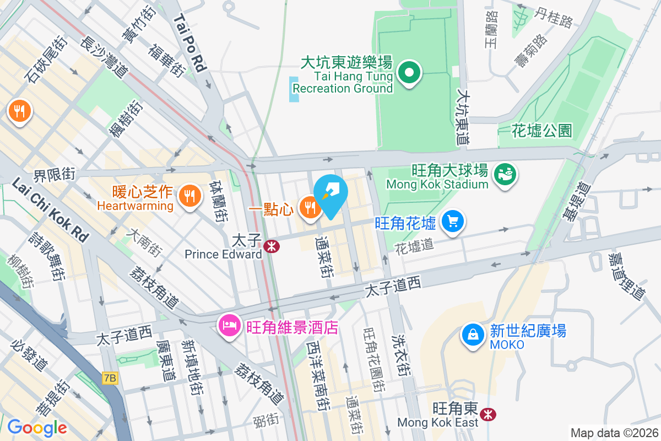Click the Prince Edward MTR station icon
(x=270, y=246)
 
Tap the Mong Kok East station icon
(x=486, y=414)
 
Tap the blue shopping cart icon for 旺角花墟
(x=453, y=222)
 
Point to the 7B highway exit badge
(x=110, y=378)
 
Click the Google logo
(x=37, y=427)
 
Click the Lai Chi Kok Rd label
(x=50, y=209)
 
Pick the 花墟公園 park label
(x=542, y=131)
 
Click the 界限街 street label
(x=55, y=175)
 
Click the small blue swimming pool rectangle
(x=294, y=89)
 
